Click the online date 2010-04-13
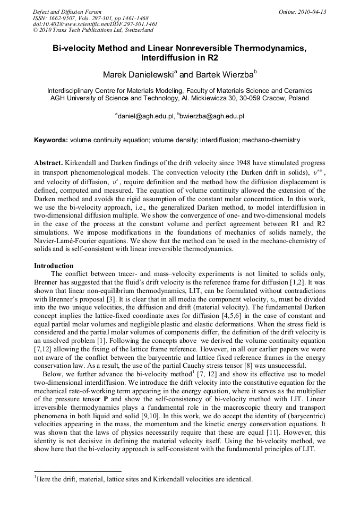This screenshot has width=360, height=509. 312,12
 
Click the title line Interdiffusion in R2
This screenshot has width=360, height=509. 179,57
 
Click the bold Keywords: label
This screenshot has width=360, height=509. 51,141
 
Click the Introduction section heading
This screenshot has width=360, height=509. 54,265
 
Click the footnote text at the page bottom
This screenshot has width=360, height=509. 143,479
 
